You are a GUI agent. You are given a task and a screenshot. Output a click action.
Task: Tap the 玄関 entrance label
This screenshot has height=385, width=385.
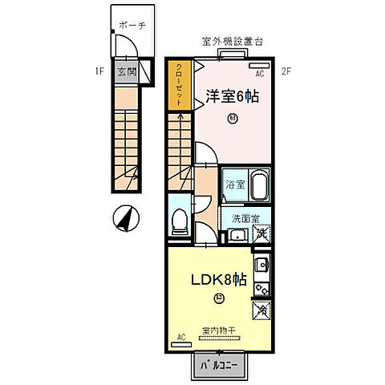(127, 71)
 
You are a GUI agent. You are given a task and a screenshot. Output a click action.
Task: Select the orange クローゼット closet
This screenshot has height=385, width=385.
(179, 84)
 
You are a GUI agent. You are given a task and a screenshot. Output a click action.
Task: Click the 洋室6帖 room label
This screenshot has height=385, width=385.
(232, 96)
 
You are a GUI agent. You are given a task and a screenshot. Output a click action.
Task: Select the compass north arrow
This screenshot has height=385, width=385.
(126, 217)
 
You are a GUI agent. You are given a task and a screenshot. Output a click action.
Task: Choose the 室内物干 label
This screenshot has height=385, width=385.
(218, 330)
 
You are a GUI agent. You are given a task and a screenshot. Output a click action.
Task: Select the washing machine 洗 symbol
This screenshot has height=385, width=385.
(261, 234)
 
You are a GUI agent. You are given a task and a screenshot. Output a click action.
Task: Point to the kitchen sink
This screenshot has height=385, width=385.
(261, 265)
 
